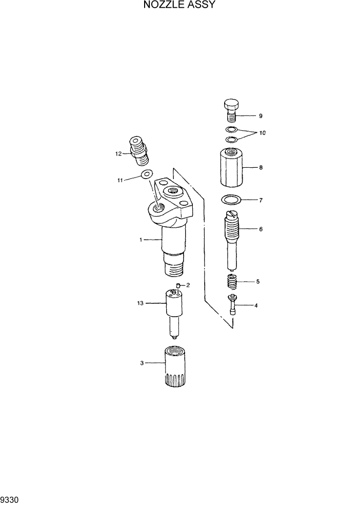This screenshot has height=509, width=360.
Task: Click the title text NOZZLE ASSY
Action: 179,6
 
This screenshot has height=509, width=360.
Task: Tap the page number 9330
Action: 10,499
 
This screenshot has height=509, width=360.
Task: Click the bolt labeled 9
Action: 231,110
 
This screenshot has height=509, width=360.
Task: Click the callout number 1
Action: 141,240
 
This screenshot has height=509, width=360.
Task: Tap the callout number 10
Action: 262,133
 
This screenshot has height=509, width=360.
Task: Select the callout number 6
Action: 261,229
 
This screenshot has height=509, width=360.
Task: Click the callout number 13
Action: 141,303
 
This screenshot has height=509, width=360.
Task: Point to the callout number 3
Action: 142,363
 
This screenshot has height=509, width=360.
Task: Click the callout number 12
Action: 118,153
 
